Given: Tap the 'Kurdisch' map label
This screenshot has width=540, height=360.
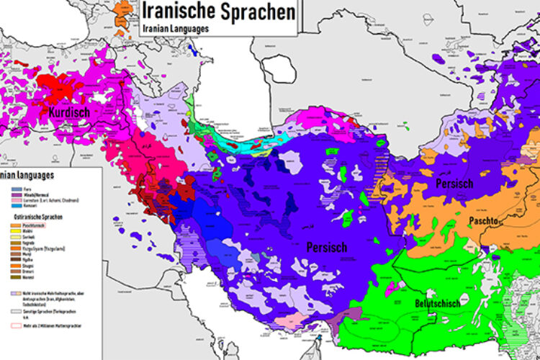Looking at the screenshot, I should pyautogui.click(x=69, y=113).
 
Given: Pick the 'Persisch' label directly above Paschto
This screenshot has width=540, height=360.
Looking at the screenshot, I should pyautogui.click(x=454, y=184).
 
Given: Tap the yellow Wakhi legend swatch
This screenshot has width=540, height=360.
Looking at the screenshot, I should pyautogui.click(x=16, y=232).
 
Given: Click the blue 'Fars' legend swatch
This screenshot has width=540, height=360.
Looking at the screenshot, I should pyautogui.click(x=16, y=186).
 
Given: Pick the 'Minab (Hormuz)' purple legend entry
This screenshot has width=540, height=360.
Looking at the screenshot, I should pyautogui.click(x=35, y=193).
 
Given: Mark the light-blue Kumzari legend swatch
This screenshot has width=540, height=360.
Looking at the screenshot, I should pyautogui.click(x=16, y=205).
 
